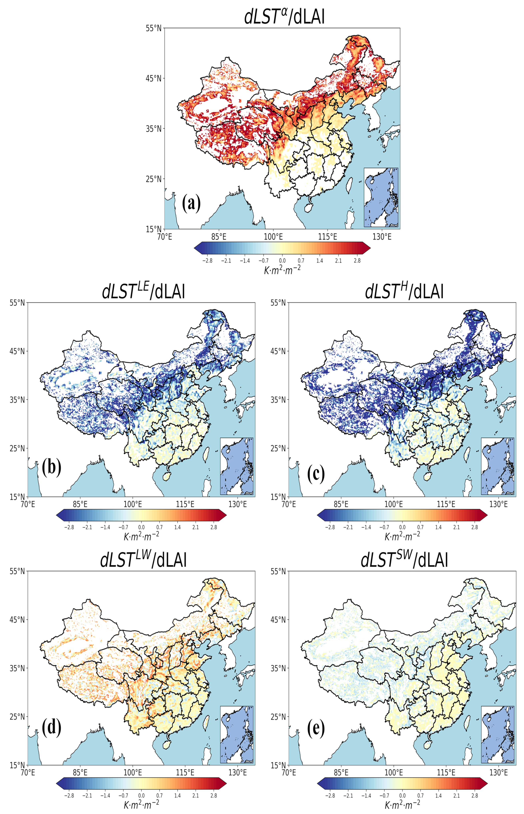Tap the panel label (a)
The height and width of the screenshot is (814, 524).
click(191, 203)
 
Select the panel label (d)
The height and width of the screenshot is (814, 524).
click(52, 727)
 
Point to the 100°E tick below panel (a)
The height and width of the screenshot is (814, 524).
click(273, 236)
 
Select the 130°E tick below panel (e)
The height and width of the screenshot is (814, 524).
click(498, 773)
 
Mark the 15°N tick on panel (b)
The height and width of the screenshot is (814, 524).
click(17, 497)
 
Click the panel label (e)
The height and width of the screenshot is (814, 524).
click(316, 727)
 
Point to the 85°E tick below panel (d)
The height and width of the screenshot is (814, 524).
click(80, 773)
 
